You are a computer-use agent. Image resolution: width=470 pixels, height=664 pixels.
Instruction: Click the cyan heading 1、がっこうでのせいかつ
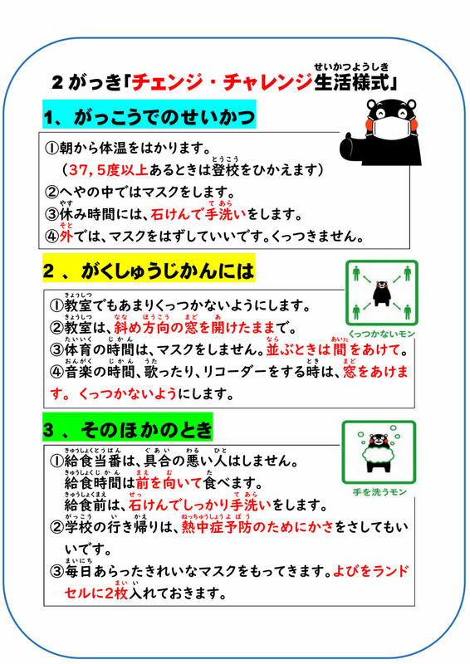149,115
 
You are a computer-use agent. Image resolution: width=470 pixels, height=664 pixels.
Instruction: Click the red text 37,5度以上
109,170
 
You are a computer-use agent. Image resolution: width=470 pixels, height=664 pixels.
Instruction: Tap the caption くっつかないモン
381,334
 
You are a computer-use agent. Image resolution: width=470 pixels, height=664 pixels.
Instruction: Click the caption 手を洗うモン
379,492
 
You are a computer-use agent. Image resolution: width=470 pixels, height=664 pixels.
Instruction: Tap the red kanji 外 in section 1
66,236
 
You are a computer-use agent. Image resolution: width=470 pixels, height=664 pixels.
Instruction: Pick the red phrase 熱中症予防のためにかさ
257,527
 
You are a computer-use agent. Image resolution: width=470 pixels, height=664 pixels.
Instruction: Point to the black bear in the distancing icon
381,294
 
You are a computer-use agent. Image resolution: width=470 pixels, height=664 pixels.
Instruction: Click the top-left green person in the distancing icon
356,273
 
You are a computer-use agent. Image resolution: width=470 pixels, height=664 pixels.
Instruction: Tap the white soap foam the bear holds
379,453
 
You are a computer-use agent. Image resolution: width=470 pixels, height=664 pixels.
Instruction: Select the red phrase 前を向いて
169,482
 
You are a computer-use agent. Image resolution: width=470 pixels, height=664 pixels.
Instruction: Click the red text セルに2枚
96,593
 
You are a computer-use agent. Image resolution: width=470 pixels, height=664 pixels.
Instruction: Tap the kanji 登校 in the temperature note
226,170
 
